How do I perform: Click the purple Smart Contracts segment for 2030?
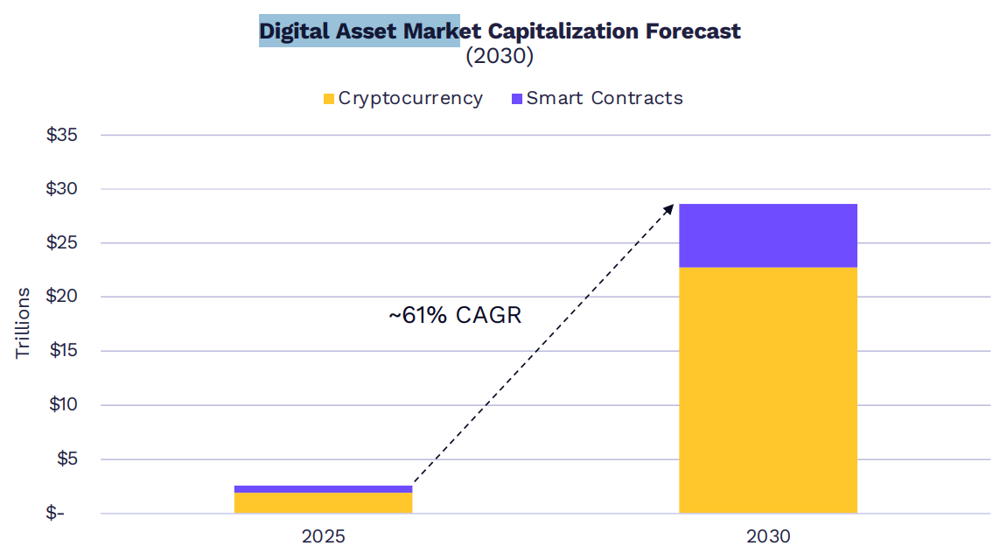767,235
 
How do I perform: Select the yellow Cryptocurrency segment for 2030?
767,389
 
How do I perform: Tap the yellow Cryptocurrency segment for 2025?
323,502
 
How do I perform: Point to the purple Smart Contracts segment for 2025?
323,489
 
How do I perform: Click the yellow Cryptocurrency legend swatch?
328,99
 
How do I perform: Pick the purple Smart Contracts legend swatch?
516,99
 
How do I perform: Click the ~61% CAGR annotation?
455,315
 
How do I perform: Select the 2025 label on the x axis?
323,535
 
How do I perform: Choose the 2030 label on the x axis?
767,535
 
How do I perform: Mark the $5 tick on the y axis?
66,458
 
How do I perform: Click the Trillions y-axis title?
23,323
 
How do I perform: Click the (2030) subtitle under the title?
500,56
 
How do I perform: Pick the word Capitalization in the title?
563,31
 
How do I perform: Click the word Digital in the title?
292,31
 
